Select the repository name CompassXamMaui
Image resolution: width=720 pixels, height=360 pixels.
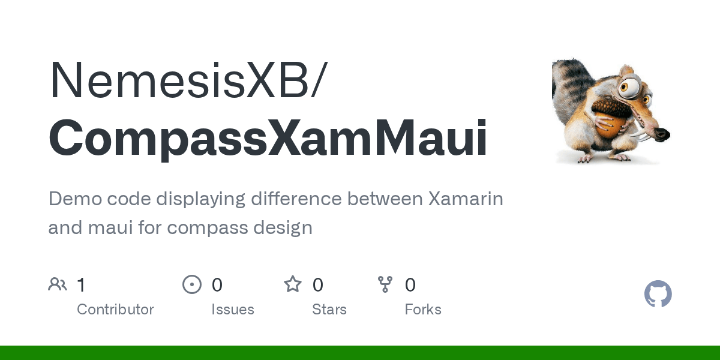(x=268, y=139)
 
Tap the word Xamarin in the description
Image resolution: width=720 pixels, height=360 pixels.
(x=466, y=199)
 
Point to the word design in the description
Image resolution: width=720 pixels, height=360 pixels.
(x=283, y=227)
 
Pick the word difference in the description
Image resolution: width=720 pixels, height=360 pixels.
(x=296, y=199)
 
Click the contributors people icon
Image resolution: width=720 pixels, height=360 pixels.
(x=58, y=284)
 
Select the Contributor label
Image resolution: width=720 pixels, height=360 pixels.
(x=115, y=310)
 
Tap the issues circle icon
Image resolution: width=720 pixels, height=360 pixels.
(x=192, y=284)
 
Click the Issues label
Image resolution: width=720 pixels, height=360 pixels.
(x=233, y=310)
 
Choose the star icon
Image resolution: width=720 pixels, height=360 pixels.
(x=293, y=284)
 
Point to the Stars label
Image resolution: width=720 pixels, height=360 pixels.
(x=329, y=310)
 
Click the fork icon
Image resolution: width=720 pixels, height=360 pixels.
(x=385, y=284)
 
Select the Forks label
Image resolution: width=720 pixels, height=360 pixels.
(x=423, y=310)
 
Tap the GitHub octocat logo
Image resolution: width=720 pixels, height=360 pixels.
(x=658, y=294)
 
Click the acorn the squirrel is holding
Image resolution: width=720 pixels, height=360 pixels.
(x=610, y=118)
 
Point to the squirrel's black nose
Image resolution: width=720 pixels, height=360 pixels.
(x=662, y=134)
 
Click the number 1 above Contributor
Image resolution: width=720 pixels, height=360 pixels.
(x=82, y=285)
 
